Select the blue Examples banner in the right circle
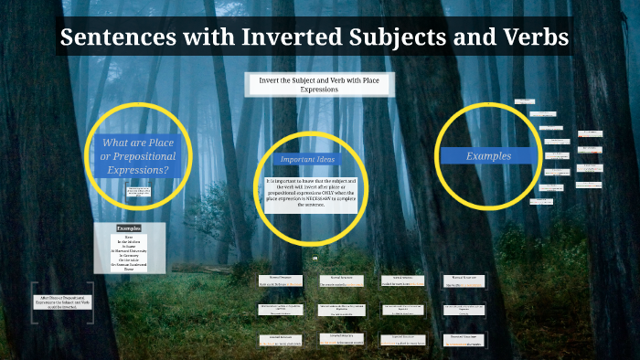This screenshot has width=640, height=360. pyautogui.click(x=488, y=156)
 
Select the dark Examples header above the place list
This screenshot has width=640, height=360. pyautogui.click(x=130, y=228)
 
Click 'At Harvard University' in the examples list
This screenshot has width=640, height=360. pyautogui.click(x=130, y=249)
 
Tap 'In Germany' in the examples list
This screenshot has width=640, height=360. pyautogui.click(x=130, y=255)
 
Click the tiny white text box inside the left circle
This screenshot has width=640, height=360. pyautogui.click(x=138, y=193)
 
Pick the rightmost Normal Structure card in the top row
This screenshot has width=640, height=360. pyautogui.click(x=465, y=281)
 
